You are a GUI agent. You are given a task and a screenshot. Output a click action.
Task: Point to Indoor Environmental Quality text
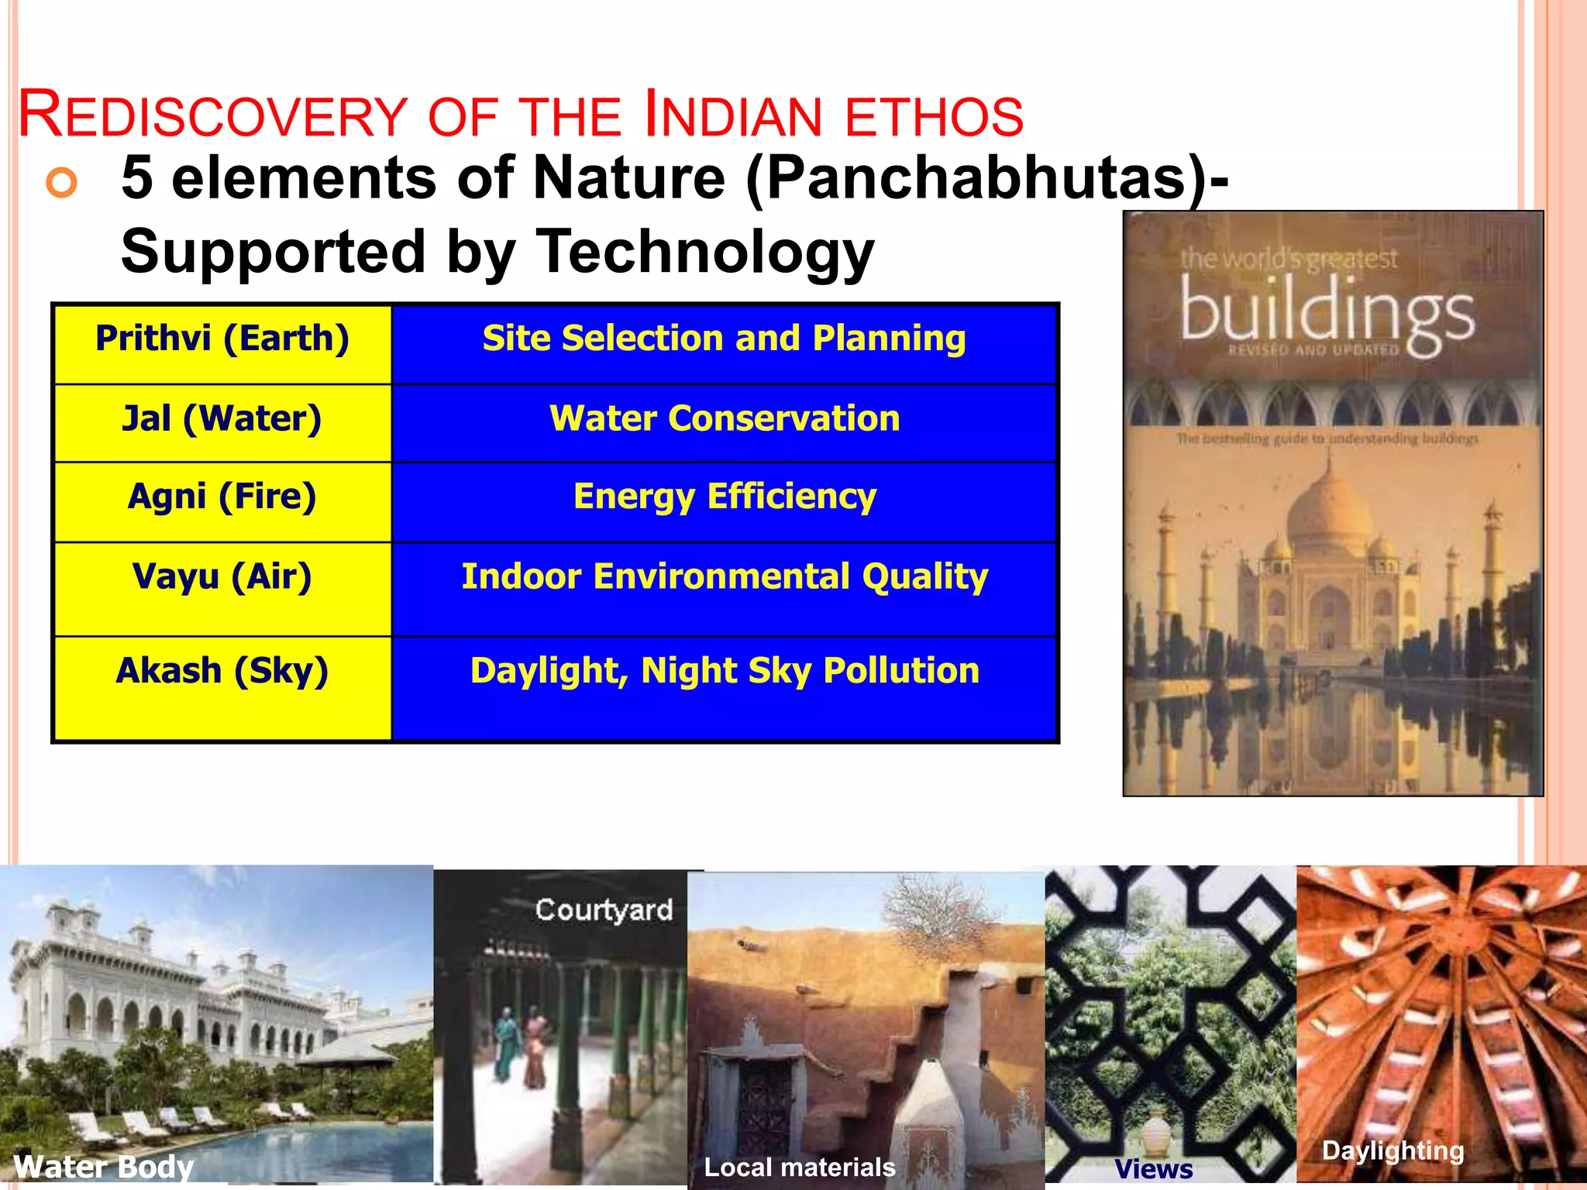[725, 577]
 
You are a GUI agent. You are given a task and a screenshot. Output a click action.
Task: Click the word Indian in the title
[732, 116]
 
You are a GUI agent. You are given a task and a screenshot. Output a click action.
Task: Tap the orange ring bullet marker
[62, 183]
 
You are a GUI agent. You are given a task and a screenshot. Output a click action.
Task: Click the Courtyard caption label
[604, 910]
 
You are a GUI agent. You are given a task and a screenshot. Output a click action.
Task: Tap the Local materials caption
[799, 1167]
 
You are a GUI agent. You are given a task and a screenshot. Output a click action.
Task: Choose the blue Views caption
[1153, 1168]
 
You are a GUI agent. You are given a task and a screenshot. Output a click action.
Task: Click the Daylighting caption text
[1392, 1150]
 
